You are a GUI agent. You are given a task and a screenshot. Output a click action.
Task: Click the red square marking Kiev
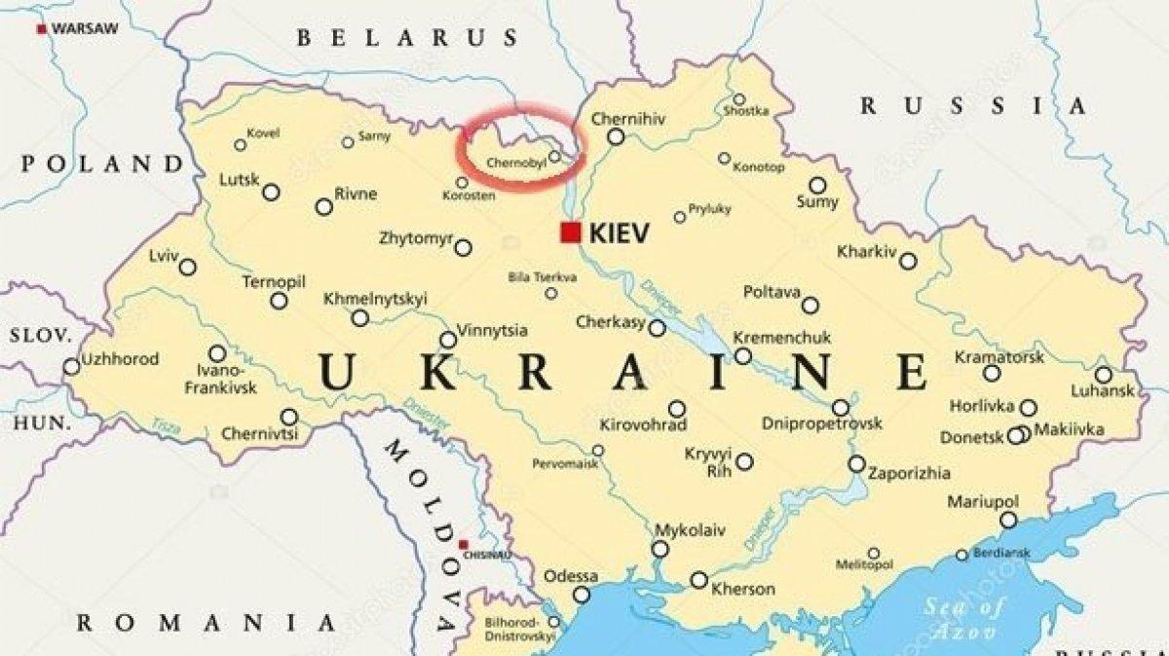coord(570,233)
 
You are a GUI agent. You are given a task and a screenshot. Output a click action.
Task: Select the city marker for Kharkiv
coord(908,261)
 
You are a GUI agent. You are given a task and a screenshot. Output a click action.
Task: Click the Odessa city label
coord(570,575)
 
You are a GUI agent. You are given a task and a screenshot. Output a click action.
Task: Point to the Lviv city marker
coord(187,267)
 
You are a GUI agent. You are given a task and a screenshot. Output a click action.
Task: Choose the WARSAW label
coord(84,29)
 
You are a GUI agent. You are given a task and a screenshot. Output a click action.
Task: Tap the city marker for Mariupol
coord(1008,521)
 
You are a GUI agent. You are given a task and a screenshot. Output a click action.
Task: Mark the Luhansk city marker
coord(1103,375)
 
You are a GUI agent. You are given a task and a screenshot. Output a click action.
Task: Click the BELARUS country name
coord(408,38)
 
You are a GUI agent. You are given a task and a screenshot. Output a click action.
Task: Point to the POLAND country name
coord(102,163)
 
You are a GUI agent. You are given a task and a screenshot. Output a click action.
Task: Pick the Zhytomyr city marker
coord(463,248)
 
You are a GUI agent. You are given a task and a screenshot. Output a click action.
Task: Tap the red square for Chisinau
coord(464,544)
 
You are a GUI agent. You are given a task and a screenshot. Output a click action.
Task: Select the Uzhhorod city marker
coord(71,367)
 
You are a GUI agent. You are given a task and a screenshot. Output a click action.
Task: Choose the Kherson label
coord(743,589)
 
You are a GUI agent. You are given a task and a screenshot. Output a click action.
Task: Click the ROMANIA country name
coord(206,622)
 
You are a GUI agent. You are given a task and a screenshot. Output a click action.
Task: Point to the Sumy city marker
coord(817,185)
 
